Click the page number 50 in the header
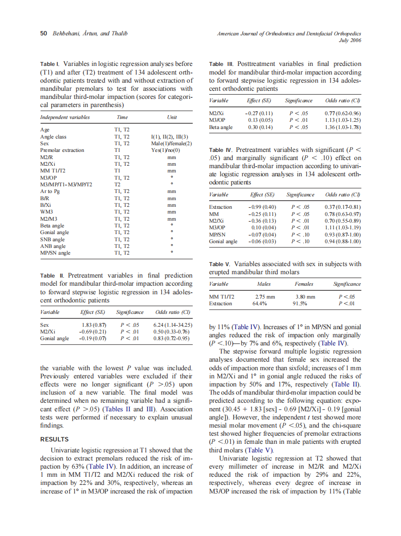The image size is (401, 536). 43,34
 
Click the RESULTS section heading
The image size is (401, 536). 55,439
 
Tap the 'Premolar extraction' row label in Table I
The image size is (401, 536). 62,150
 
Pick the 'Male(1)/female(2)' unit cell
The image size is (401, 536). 171,143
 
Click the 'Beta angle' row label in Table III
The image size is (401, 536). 221,128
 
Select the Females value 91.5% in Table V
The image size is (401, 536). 303,303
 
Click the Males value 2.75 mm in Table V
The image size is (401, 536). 264,297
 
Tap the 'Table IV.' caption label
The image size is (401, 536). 222,150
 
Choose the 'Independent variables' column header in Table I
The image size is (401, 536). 65,117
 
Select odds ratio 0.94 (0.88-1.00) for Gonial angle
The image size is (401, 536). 342,242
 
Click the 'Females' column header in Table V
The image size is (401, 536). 303,284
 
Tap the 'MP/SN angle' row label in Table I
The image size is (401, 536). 56,253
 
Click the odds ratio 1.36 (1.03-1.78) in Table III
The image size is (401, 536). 342,128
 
